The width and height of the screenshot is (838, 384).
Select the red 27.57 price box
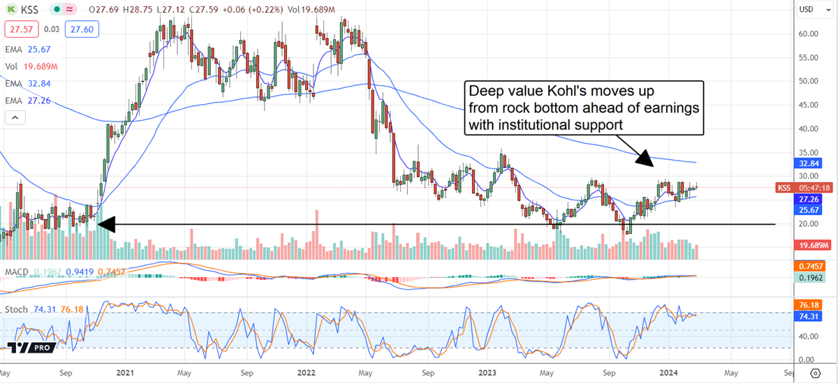click(17, 29)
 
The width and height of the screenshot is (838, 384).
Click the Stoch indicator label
click(18, 309)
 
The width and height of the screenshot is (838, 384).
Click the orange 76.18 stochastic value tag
click(810, 304)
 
